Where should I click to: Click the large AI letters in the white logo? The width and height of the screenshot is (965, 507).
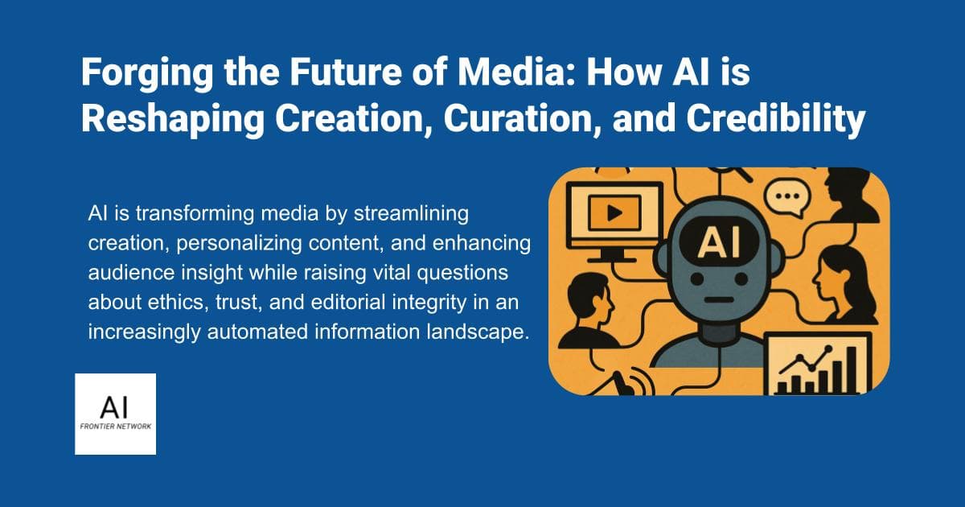pos(115,402)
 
